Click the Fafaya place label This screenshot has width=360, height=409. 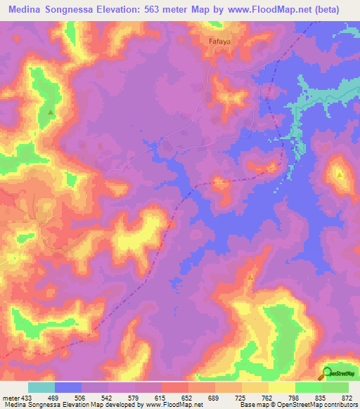pos(220,41)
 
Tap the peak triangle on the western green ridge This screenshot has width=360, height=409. pos(51,112)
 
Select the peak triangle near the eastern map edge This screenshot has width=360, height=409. pos(340,174)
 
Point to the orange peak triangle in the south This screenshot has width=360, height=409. pos(250,279)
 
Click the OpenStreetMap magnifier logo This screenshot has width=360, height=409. pos(328,372)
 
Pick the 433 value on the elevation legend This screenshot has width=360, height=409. pos(27,398)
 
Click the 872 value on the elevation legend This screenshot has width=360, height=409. pos(347,398)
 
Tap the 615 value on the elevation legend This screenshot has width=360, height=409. pos(162,398)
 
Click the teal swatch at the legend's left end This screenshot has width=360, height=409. pos(41,387)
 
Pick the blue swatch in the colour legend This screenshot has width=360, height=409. pos(67,387)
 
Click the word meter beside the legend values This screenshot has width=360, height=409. pos(10,398)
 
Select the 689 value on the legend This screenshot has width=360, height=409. pos(215,398)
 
